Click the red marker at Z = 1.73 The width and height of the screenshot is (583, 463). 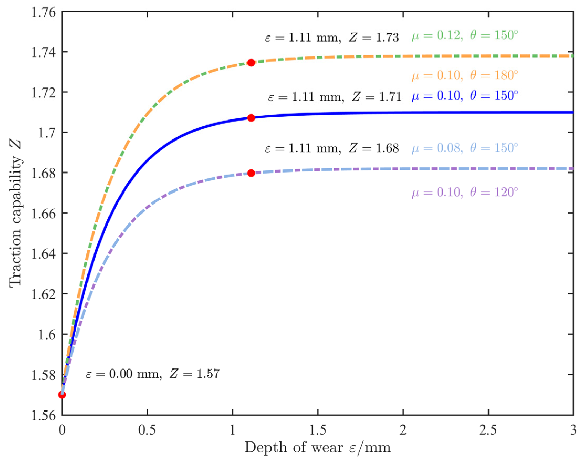point(251,63)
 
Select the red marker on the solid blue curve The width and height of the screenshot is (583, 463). point(251,118)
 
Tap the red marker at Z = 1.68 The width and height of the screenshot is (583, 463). point(251,173)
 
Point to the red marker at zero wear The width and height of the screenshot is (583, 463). point(62,395)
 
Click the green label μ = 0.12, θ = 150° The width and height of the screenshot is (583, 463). point(465,35)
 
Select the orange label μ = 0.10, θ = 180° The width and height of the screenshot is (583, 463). point(465,75)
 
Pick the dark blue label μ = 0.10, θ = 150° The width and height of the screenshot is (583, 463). point(465,96)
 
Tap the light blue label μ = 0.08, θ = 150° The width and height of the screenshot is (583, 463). point(465,148)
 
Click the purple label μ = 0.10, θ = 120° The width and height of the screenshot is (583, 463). point(465,192)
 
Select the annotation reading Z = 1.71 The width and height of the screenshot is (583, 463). point(335,97)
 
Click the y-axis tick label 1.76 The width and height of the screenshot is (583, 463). point(44,12)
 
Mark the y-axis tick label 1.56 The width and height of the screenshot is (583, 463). point(44,415)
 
